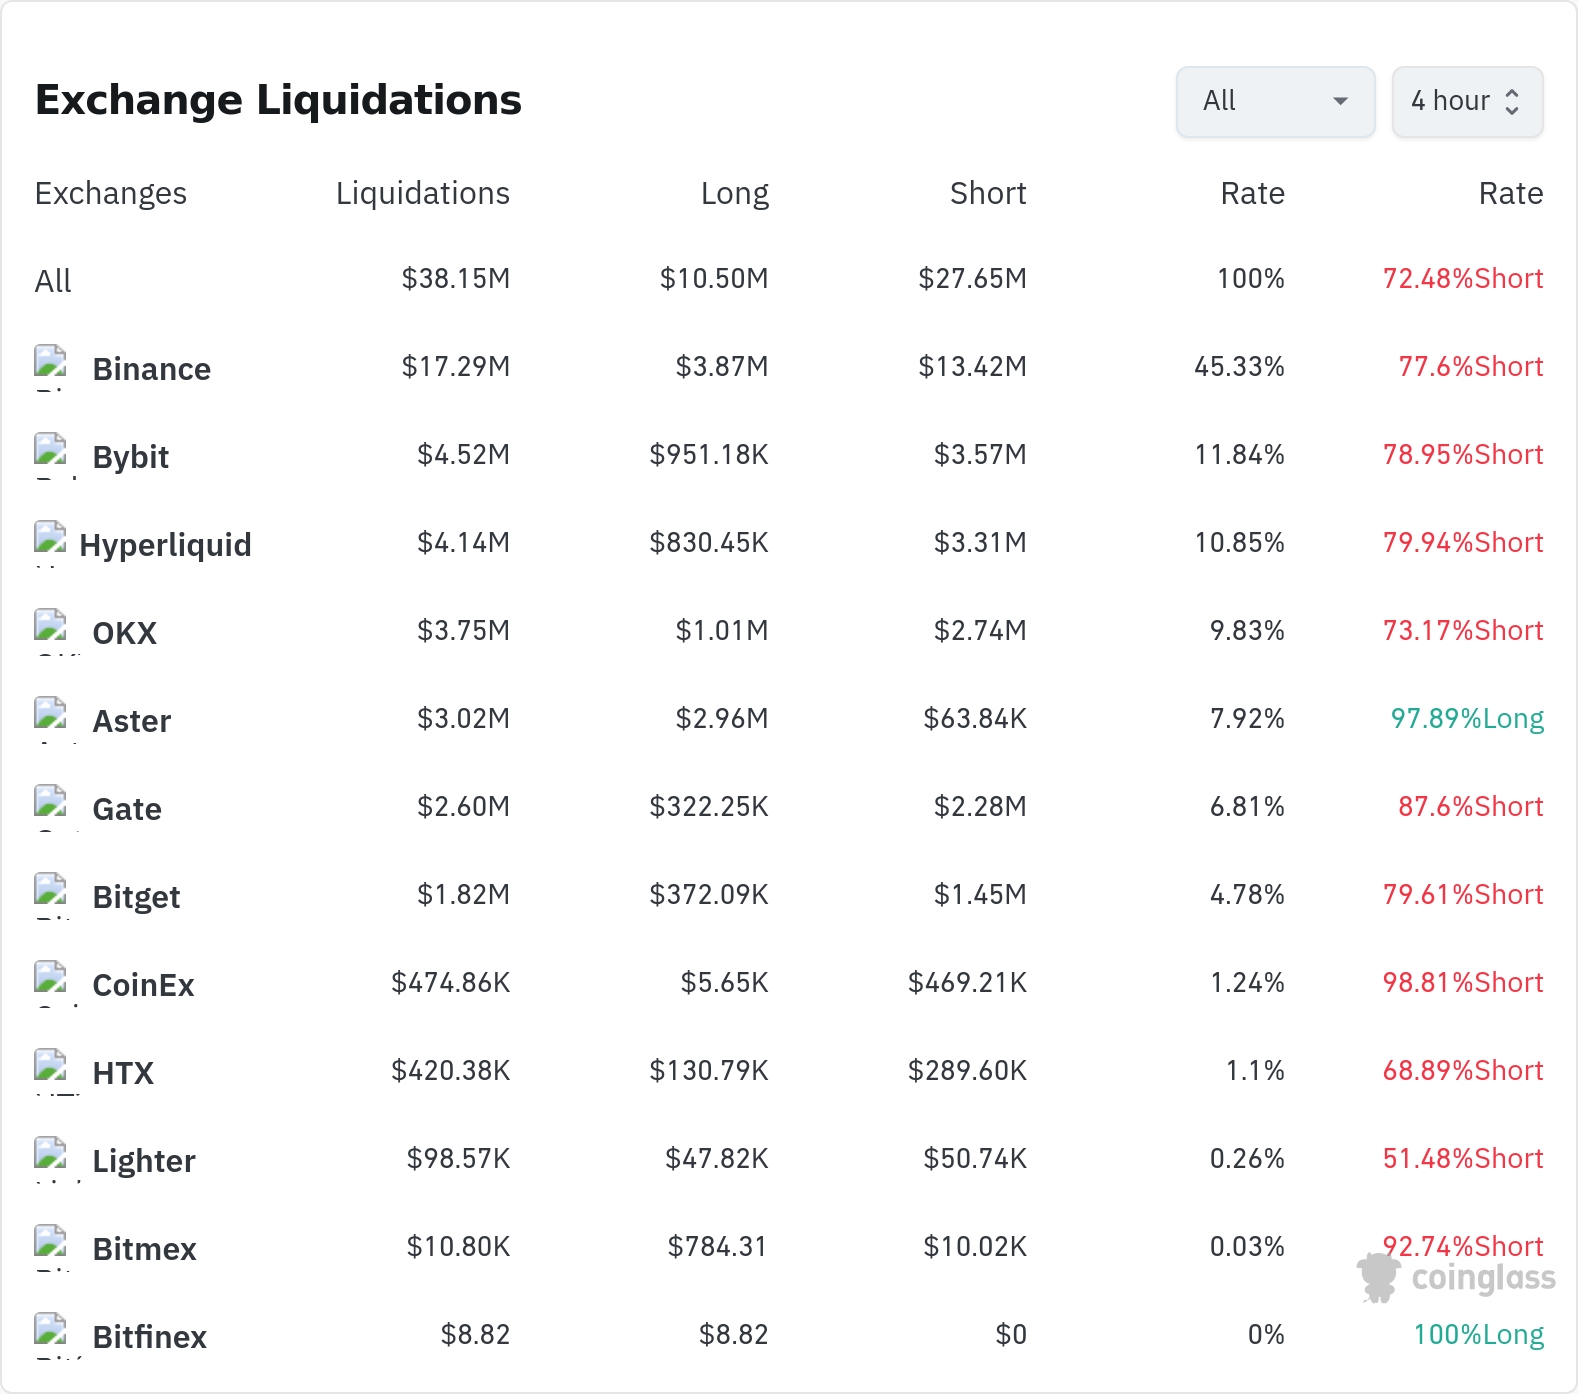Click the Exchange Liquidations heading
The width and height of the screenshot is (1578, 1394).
click(x=278, y=100)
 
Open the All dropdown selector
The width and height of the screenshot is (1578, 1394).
click(x=1275, y=101)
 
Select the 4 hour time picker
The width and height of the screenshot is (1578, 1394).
click(x=1467, y=101)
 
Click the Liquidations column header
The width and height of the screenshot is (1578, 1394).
click(x=423, y=193)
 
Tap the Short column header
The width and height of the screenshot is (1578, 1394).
click(x=988, y=193)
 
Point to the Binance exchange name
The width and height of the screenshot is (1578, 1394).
click(x=152, y=369)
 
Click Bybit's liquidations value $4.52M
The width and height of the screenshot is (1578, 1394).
click(x=464, y=455)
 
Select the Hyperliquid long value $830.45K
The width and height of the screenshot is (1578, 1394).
click(x=709, y=543)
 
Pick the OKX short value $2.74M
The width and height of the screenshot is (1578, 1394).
click(x=980, y=631)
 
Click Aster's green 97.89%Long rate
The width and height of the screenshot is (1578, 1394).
click(x=1467, y=719)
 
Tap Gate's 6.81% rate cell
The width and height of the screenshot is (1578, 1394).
click(x=1247, y=807)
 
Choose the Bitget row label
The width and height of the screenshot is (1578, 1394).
click(x=136, y=897)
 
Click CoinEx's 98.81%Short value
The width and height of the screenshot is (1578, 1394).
click(x=1463, y=983)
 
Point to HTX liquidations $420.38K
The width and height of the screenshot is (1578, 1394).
click(x=451, y=1071)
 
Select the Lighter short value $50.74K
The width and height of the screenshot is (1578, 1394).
click(x=975, y=1159)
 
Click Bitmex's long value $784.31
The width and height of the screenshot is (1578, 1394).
click(x=717, y=1247)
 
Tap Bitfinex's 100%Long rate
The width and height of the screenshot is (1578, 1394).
click(x=1478, y=1335)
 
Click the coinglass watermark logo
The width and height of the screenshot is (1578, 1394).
click(x=1456, y=1278)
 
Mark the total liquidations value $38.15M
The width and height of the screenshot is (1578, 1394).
click(x=456, y=279)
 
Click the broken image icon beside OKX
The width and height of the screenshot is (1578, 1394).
click(x=50, y=626)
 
